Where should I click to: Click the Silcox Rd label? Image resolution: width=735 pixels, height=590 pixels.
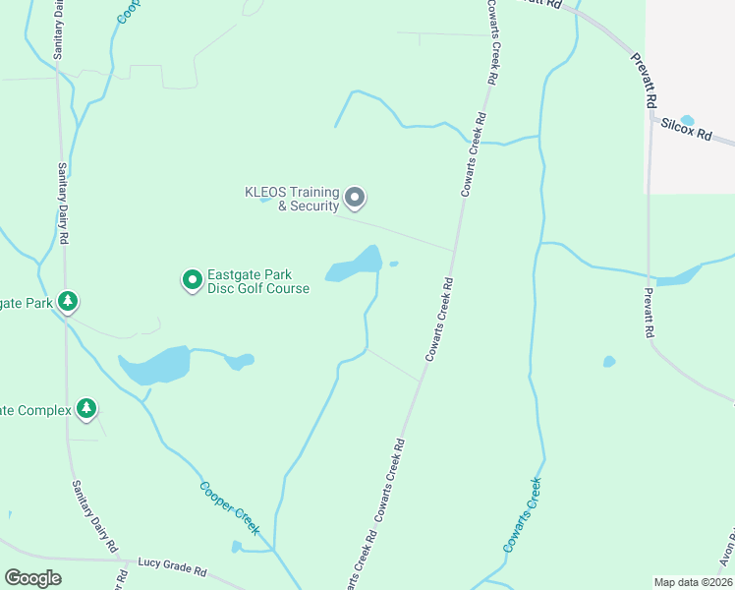(686, 129)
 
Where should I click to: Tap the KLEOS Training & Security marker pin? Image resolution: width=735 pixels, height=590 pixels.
(355, 199)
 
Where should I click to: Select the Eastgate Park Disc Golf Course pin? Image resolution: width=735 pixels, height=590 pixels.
(192, 281)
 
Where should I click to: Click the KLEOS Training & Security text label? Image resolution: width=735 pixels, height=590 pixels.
(292, 199)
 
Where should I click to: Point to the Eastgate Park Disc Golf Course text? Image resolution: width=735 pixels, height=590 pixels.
(257, 282)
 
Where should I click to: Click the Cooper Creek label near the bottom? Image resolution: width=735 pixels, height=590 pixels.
(230, 507)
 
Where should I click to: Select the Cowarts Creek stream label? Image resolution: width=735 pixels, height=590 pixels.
(522, 514)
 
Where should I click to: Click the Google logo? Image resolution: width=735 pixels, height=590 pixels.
(32, 578)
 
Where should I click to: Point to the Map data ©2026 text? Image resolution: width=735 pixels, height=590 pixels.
(692, 582)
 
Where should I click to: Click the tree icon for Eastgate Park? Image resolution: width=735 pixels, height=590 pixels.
(67, 301)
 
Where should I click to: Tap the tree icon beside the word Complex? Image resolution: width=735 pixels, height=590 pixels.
(86, 408)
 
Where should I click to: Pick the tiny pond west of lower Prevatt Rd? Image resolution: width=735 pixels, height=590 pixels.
(609, 362)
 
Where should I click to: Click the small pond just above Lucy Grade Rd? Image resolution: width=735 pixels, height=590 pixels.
(237, 547)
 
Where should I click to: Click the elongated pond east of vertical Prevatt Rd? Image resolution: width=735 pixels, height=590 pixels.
(678, 278)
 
